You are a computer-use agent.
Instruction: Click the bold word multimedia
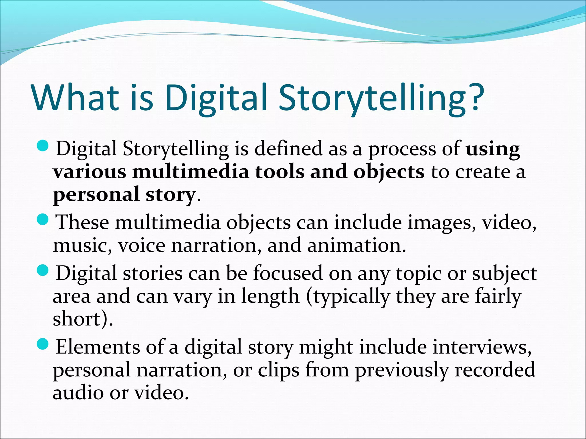point(190,172)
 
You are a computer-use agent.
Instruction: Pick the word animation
point(356,246)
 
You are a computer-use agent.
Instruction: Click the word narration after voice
point(216,246)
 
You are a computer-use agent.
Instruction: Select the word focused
point(288,273)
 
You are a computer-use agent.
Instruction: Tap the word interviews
point(482,347)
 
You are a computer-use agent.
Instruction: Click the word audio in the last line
point(78,392)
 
